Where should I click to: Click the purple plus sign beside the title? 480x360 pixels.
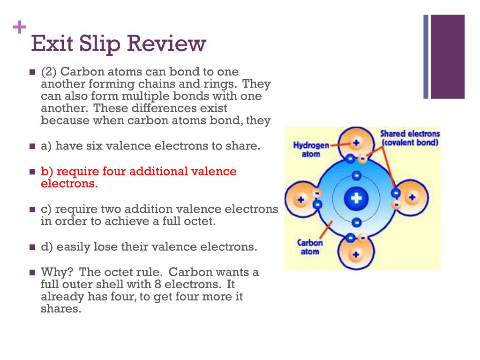[x=20, y=28]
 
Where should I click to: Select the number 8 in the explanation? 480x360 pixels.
[x=157, y=284]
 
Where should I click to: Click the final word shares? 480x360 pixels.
[x=61, y=309]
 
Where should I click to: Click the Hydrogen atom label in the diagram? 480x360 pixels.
[x=311, y=150]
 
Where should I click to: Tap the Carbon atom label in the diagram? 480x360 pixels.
[x=310, y=247]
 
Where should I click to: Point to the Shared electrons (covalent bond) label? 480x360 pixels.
[x=410, y=138]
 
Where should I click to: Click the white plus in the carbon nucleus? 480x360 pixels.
[x=356, y=199]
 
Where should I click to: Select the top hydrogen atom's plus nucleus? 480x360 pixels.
[x=356, y=142]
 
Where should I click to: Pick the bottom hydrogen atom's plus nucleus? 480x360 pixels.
[x=356, y=255]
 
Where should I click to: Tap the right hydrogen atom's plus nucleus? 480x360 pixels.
[x=412, y=197]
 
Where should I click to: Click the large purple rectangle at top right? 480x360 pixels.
[x=448, y=57]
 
